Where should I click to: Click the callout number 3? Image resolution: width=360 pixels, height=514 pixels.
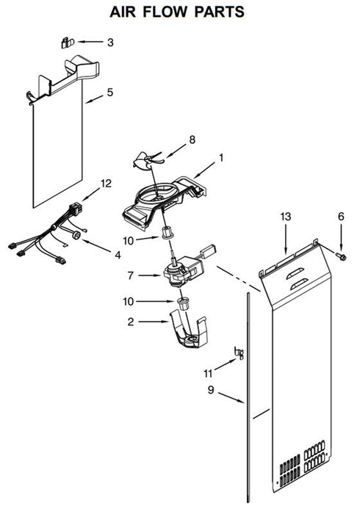point(110,43)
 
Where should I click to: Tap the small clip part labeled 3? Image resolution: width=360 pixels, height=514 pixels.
point(68,43)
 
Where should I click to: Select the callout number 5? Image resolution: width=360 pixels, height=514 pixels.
point(109,93)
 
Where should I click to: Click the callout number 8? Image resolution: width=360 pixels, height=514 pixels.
point(192,140)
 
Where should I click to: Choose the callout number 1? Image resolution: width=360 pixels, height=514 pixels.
point(221,158)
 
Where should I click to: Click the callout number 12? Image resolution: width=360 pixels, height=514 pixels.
point(106,184)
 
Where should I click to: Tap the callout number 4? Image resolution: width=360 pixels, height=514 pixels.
point(118,255)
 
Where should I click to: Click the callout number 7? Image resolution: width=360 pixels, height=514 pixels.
point(131,275)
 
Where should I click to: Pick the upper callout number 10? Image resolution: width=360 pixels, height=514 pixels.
point(129,241)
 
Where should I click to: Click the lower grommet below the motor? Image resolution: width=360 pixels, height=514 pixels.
point(184,303)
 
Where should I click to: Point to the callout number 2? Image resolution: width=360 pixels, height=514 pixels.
point(131,322)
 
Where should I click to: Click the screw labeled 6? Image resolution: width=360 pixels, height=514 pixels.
point(341,257)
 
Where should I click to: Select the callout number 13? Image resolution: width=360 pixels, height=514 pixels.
point(285,217)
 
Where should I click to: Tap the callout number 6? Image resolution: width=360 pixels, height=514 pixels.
point(341,217)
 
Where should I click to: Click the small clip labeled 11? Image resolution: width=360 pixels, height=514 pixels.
point(239,352)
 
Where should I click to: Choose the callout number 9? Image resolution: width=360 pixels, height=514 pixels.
point(211,390)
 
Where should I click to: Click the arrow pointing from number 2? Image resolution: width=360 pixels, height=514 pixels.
point(154,322)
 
